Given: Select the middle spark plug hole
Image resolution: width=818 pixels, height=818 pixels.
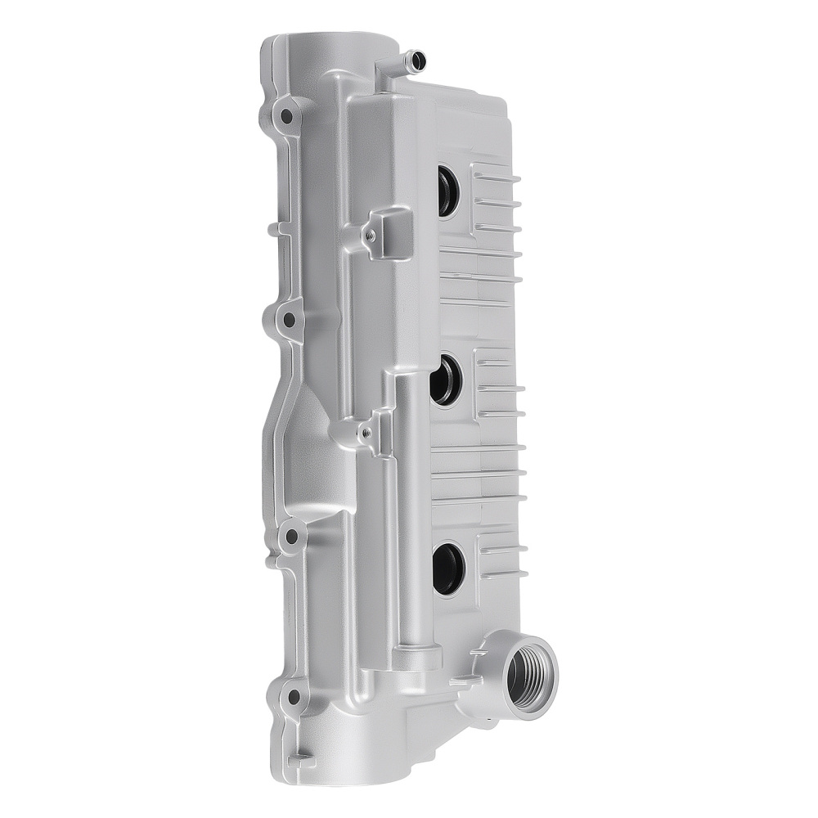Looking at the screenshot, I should (x=445, y=381).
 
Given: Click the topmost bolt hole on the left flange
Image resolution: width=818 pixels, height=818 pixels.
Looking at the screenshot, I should (x=286, y=115).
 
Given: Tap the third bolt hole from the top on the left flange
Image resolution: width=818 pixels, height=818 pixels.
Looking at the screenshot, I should (x=291, y=537).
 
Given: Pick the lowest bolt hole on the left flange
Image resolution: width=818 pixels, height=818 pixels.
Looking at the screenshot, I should (x=293, y=698).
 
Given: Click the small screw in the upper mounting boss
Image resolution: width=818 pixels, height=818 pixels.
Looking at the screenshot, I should (x=371, y=236).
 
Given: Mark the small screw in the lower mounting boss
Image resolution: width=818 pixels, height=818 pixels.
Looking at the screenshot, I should (x=366, y=432).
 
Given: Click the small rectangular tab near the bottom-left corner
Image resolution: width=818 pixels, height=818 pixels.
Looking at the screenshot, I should (x=299, y=758).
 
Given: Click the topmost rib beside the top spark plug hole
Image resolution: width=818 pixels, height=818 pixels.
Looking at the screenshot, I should (x=496, y=176).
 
